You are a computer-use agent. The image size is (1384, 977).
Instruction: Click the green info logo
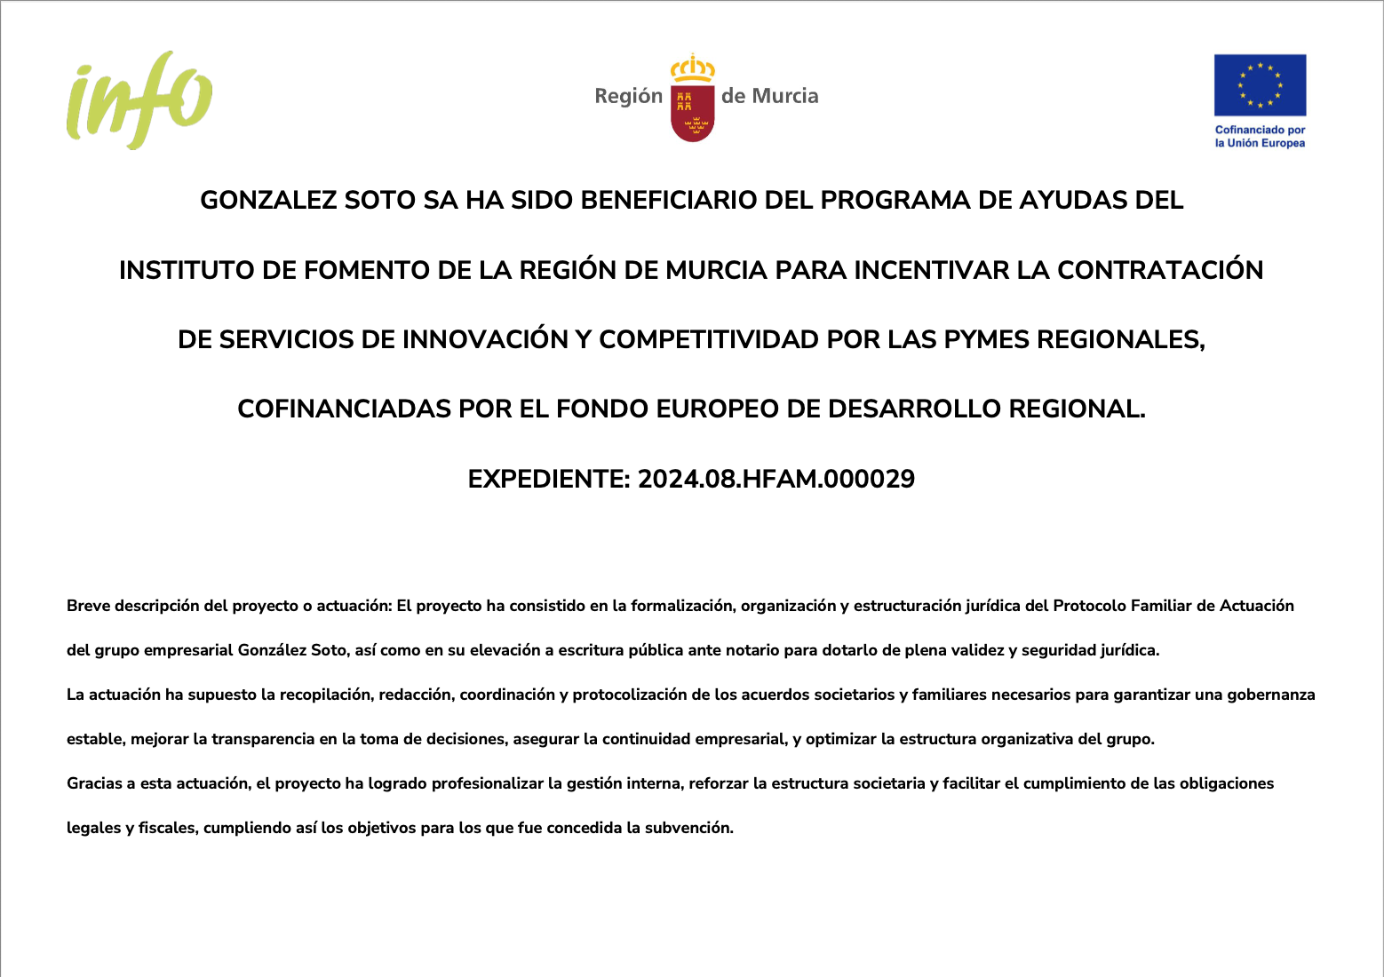[139, 99]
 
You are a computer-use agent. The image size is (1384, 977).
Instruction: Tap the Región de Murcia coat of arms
[692, 99]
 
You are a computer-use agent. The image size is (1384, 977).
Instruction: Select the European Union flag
[1260, 85]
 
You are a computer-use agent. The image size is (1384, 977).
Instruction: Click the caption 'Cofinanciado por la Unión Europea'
[1260, 136]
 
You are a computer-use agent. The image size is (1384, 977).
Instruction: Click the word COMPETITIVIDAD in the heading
[709, 339]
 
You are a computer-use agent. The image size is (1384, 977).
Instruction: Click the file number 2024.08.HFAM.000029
[776, 480]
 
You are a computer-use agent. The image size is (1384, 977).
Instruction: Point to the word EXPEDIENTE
[548, 480]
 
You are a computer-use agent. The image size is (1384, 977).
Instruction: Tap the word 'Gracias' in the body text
[94, 783]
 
